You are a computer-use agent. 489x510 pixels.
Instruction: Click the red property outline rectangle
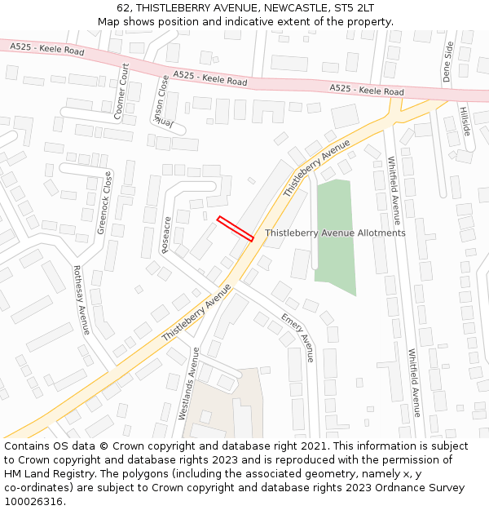coord(236,228)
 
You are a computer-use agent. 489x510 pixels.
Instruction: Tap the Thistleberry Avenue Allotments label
coord(335,233)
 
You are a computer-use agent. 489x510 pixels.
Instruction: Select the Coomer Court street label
coord(121,91)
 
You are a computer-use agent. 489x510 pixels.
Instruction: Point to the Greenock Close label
coord(105,202)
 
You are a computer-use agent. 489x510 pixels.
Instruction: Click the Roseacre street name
coord(167,234)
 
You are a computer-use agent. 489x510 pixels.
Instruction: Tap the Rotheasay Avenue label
coord(81,299)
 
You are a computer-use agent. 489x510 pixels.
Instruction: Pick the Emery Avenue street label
coord(297,337)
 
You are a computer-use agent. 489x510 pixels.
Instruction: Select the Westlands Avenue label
coord(188,384)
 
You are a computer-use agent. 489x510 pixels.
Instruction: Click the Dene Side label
coord(447,62)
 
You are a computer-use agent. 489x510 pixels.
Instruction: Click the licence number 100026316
coord(34,502)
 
